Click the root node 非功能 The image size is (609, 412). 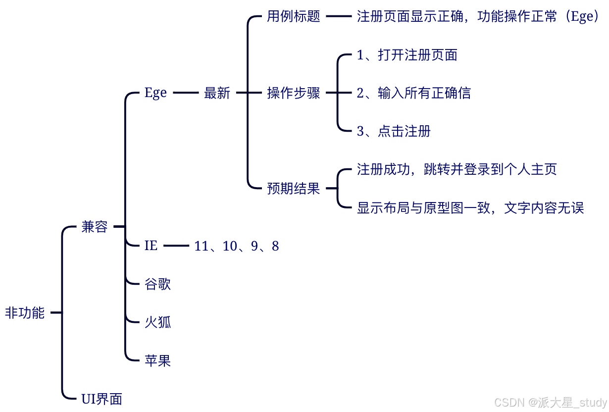tap(25, 313)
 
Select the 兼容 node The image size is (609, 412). tap(94, 227)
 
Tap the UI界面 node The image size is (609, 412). tap(101, 399)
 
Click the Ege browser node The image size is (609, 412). tap(155, 93)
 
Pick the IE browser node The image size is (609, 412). tap(151, 245)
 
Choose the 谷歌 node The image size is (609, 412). tap(157, 284)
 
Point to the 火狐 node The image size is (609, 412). tap(157, 322)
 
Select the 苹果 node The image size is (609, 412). tap(157, 360)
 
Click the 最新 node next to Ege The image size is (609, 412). tap(217, 93)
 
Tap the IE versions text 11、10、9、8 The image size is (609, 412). tap(237, 246)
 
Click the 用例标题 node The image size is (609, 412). tap(294, 16)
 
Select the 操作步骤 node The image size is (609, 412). tap(294, 93)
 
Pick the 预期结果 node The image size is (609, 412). tap(294, 188)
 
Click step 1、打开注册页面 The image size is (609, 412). tap(407, 55)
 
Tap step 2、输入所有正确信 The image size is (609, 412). tap(414, 93)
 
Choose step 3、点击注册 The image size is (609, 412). tap(394, 131)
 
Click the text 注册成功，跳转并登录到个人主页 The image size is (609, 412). tap(457, 169)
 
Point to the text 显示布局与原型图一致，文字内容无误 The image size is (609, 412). tap(470, 207)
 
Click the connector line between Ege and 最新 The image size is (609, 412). tap(186, 93)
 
